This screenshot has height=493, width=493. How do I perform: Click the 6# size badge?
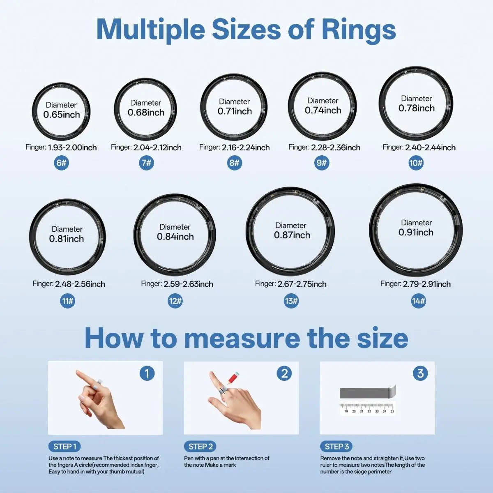click(x=61, y=163)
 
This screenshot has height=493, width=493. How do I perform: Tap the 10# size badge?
click(x=416, y=163)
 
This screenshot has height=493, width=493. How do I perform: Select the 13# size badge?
click(x=291, y=301)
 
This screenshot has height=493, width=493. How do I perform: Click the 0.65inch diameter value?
click(x=61, y=115)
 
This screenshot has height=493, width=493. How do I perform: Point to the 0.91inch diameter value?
click(x=416, y=232)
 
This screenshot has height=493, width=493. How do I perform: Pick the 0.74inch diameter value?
click(x=323, y=110)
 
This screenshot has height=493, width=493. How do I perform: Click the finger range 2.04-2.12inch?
click(x=157, y=147)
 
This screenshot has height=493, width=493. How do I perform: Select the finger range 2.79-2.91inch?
click(x=427, y=284)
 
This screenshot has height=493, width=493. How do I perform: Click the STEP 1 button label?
click(x=65, y=447)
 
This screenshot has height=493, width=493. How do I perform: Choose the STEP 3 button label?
click(x=336, y=447)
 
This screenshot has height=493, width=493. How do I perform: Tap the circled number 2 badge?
click(x=284, y=373)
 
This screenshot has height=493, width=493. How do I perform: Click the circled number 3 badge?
click(x=420, y=373)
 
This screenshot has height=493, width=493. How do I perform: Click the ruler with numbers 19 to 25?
click(x=367, y=408)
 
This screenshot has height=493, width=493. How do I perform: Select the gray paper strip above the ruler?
click(x=368, y=392)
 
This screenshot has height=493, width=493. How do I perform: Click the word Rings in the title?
click(x=359, y=30)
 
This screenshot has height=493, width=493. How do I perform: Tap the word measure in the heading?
click(x=242, y=339)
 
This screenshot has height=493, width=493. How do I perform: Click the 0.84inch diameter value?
click(x=175, y=237)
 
